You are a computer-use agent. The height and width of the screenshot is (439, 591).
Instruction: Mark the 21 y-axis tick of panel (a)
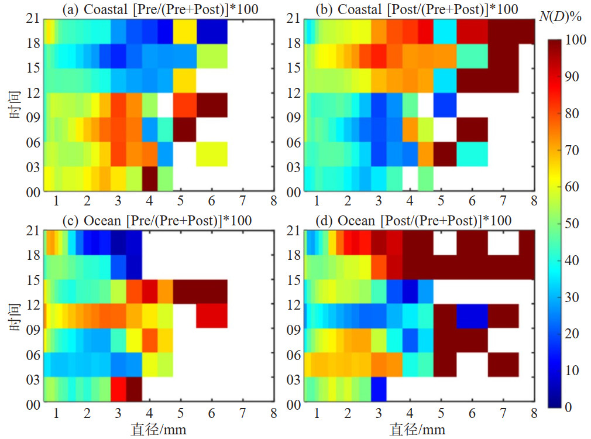click(x=32, y=19)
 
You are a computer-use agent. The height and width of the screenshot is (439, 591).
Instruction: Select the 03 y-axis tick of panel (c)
click(x=32, y=379)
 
